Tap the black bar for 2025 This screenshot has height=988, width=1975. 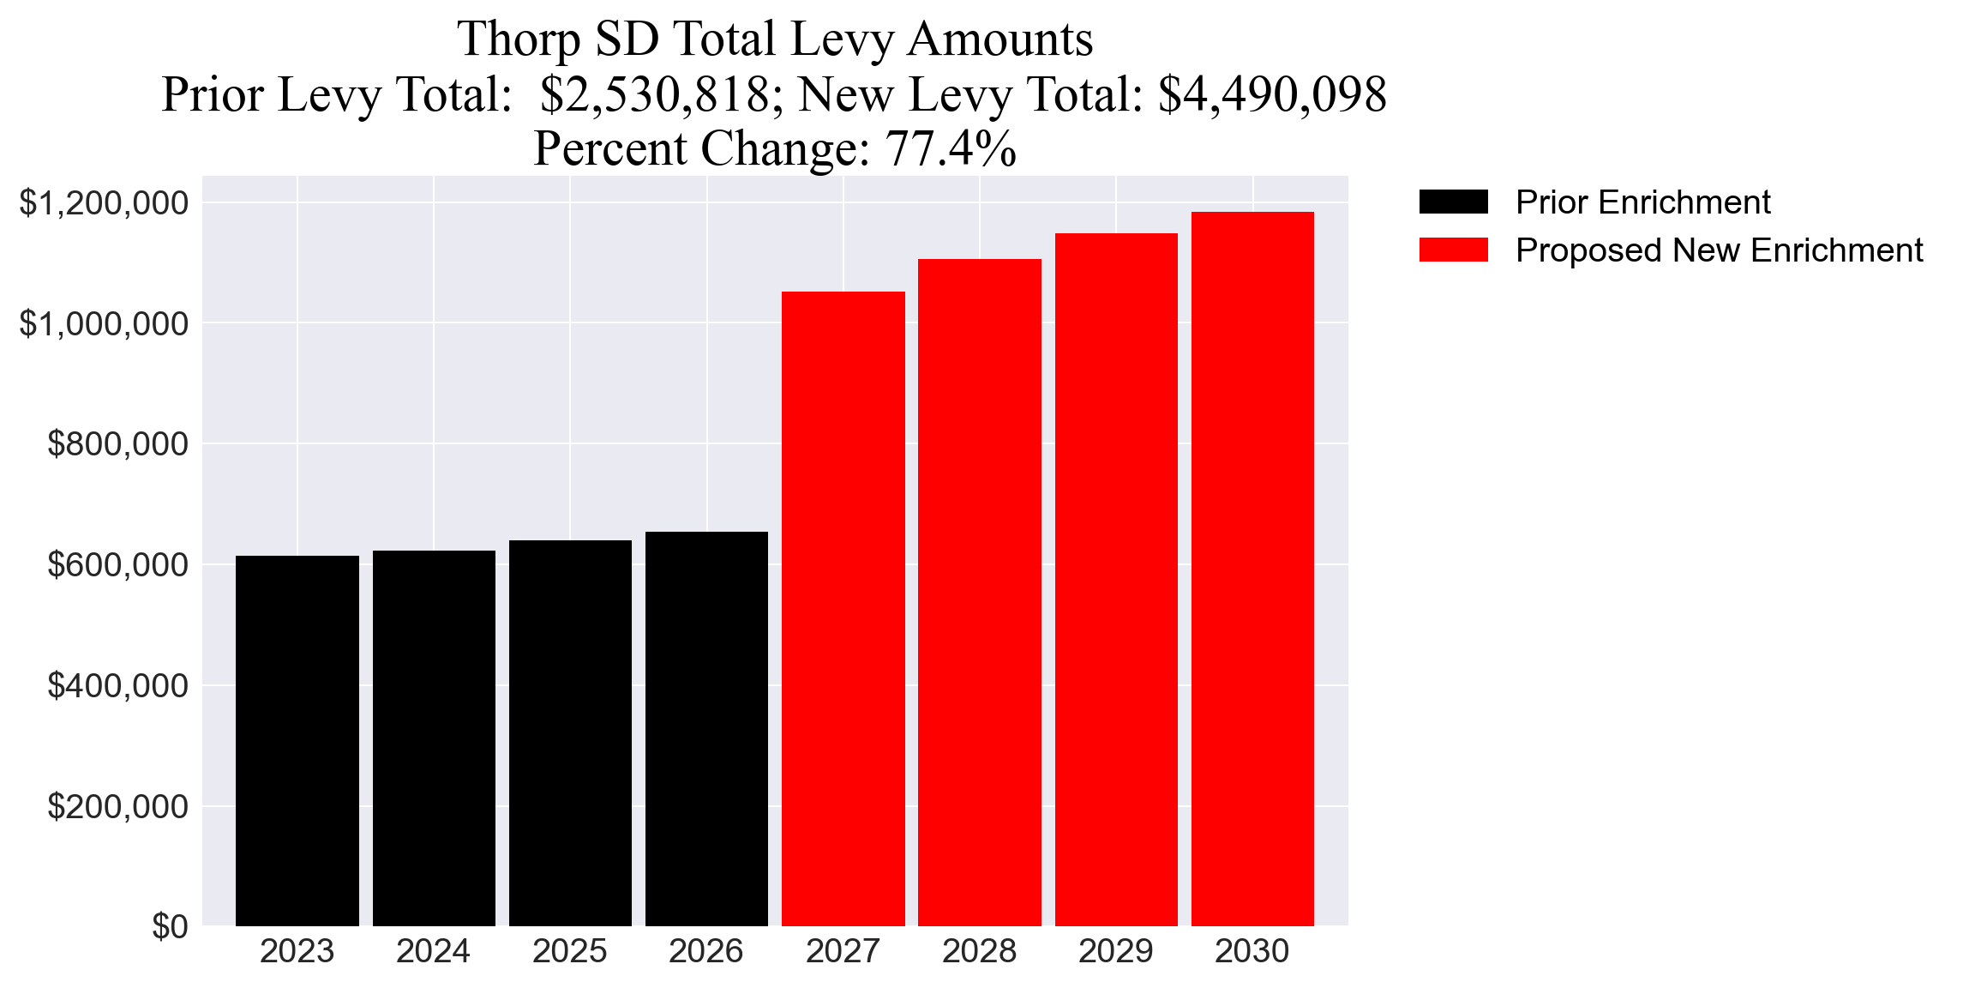click(570, 732)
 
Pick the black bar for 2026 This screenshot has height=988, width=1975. click(706, 728)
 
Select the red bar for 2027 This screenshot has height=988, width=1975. click(843, 608)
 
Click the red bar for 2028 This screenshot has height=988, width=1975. click(979, 592)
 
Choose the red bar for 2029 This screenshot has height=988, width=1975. click(1115, 579)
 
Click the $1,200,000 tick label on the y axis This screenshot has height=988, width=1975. click(104, 203)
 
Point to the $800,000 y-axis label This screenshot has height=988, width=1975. click(117, 444)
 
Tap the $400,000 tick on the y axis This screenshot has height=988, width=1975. click(117, 686)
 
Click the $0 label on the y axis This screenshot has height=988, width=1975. click(170, 927)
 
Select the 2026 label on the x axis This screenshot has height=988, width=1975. click(705, 951)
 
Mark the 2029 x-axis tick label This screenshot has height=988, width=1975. click(1115, 951)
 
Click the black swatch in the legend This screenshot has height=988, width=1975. click(1453, 202)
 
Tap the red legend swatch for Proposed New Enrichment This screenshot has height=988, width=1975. click(1453, 250)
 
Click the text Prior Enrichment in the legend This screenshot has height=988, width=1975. click(1642, 202)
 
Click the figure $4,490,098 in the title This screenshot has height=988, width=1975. click(1272, 94)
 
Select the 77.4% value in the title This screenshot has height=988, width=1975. click(951, 148)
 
